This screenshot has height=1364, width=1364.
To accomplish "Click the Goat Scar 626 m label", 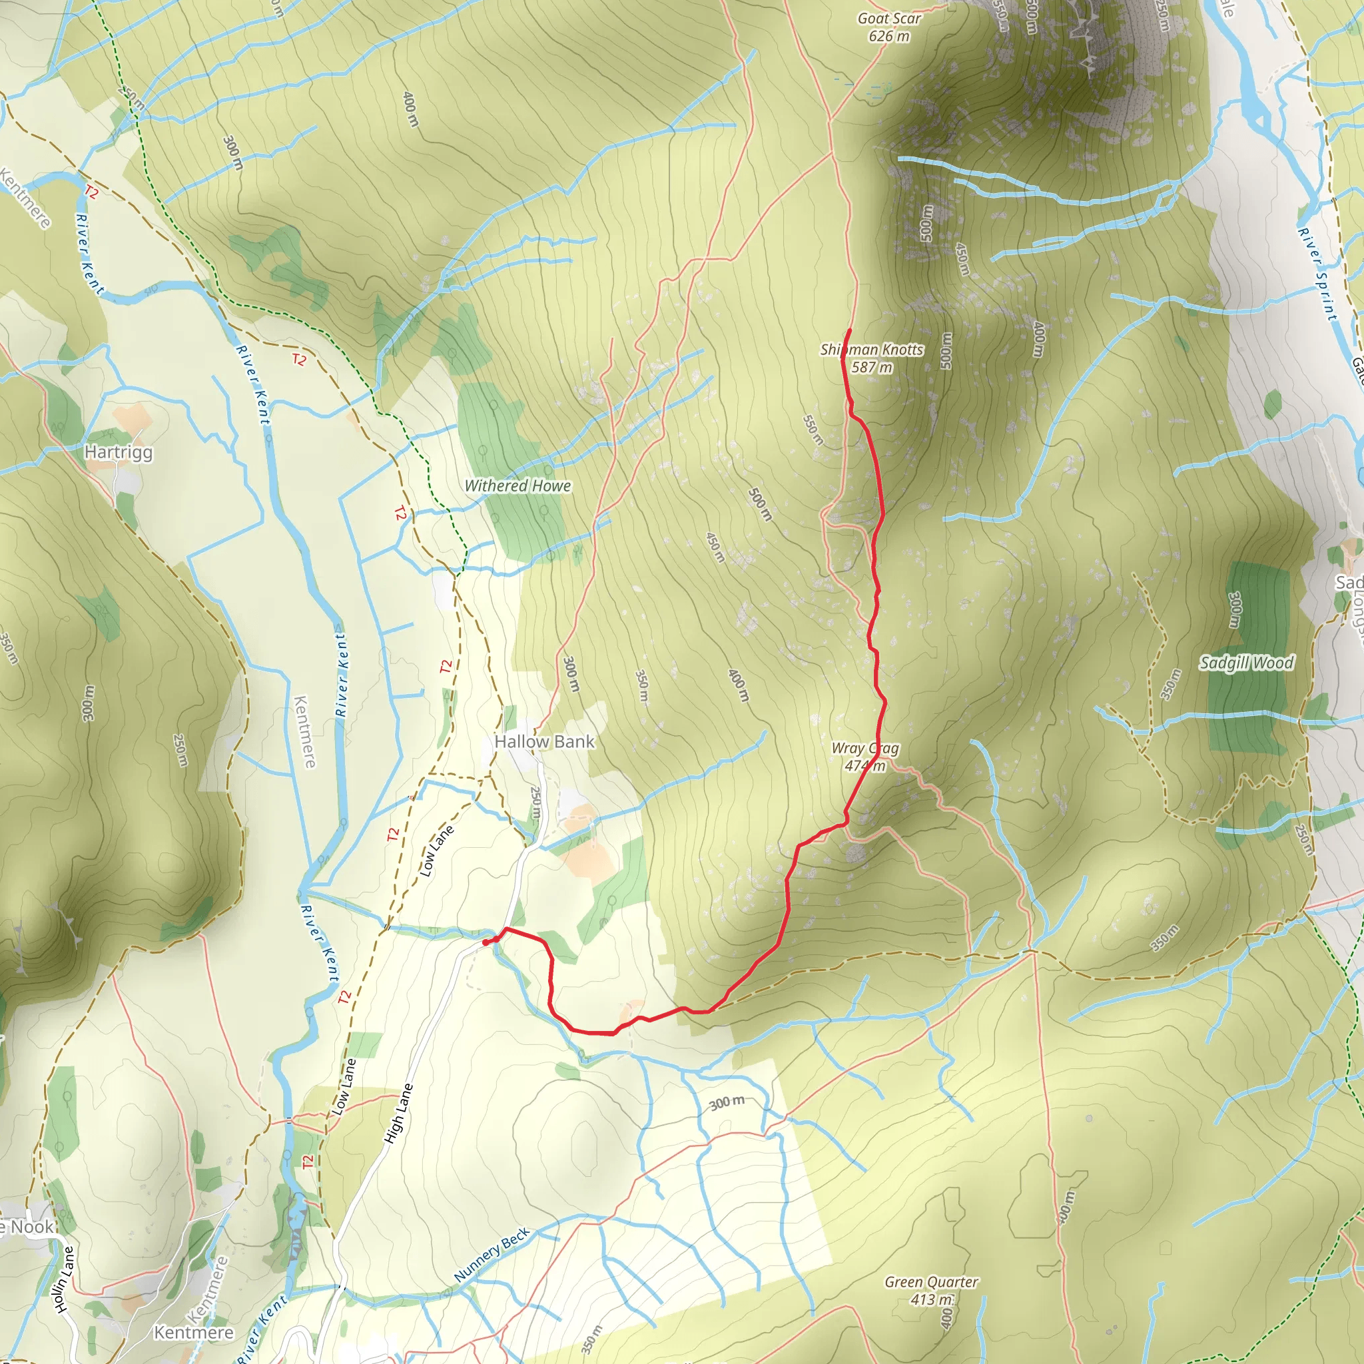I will (889, 27).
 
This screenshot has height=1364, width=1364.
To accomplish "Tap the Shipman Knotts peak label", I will (872, 358).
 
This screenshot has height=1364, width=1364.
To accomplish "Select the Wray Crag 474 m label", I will (865, 757).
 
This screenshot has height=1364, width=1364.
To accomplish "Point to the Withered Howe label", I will (517, 486).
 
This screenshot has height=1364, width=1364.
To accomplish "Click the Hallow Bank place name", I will (544, 741).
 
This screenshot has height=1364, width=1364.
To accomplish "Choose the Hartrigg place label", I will (119, 452).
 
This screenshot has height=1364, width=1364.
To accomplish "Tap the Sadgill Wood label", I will (1247, 663).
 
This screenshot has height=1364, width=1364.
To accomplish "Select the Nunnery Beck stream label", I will (492, 1255).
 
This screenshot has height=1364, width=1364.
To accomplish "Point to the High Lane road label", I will (398, 1114).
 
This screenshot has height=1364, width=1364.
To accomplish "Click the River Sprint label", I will (1317, 274).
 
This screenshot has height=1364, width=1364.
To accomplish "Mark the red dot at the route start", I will (486, 942).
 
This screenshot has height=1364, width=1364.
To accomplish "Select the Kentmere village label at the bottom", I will (193, 1332).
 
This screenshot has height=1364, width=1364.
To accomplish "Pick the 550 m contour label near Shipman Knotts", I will (813, 430).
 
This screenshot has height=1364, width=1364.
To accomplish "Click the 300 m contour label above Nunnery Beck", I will (727, 1102).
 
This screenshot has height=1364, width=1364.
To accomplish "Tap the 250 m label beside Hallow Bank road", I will (536, 803).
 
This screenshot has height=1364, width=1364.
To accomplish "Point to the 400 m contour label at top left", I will (410, 109).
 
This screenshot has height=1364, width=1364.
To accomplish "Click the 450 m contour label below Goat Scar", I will (962, 259).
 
